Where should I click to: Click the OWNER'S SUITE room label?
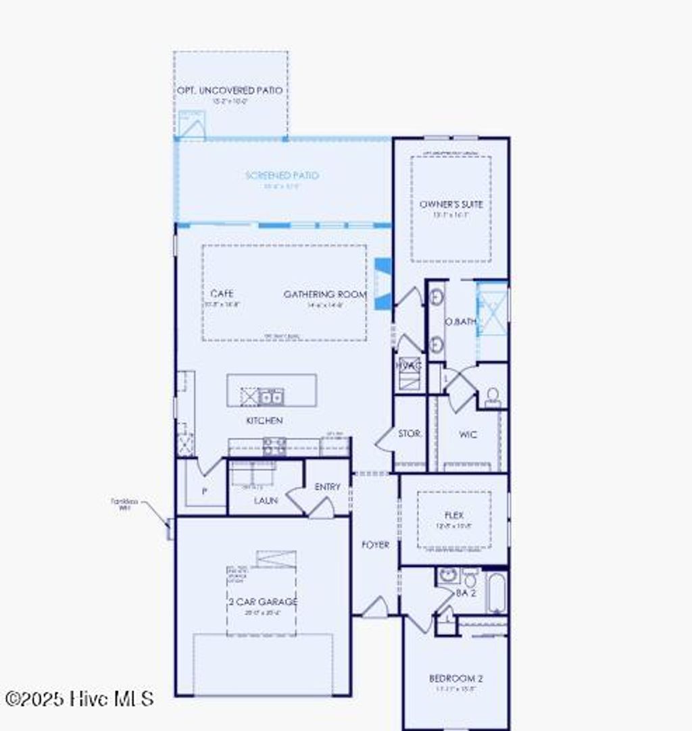coord(451,204)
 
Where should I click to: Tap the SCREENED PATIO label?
coord(282,176)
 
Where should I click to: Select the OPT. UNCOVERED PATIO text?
coord(230,91)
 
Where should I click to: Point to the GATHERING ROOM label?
coord(325,295)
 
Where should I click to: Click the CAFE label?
coord(222,294)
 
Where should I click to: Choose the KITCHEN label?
coord(264,420)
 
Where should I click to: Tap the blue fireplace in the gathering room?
coord(383,284)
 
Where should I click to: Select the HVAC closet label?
coord(409,365)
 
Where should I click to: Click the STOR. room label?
coord(410,434)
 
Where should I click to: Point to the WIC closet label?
coord(468,434)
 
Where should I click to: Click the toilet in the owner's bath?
coord(493,397)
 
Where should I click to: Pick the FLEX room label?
coord(454,515)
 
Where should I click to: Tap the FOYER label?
coord(375,545)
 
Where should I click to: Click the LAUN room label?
coord(266,501)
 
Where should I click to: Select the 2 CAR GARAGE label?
coord(263,601)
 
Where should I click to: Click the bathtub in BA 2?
coord(496,593)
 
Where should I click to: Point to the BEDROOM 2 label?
coord(456,678)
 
